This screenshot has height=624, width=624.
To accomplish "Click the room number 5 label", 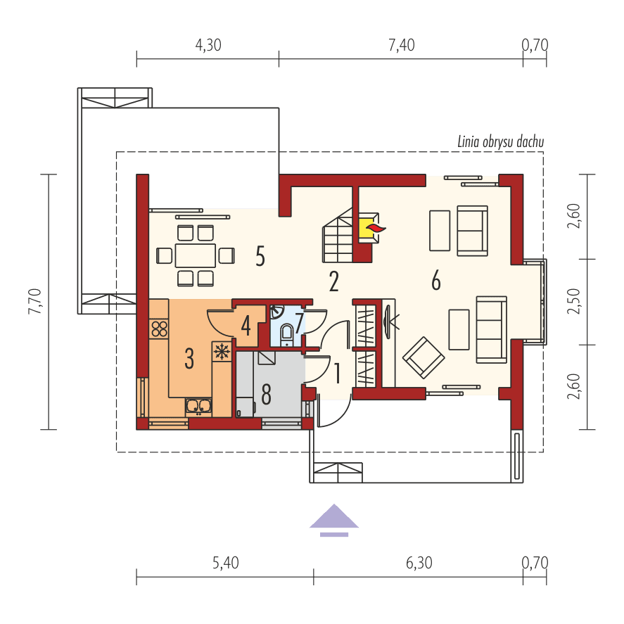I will point(260,257).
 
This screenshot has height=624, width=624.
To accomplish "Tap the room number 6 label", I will point(436,281).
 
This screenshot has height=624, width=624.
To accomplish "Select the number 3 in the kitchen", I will point(189,359).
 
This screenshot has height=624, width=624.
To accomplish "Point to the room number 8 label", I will point(266,395).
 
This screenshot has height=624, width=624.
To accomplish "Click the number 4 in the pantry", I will point(246,326).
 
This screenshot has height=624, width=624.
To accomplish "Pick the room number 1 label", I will point(337,374).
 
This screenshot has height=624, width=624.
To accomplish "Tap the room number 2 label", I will point(333,281).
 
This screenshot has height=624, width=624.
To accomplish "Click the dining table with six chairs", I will point(196,255).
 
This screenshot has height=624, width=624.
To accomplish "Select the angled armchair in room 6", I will point(424,357).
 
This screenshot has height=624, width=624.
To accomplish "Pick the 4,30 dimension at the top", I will point(208,46).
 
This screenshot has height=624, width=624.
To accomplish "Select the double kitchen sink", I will point(198,406).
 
